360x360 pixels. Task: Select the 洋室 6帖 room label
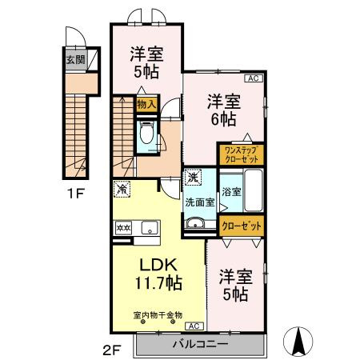(x=222, y=110)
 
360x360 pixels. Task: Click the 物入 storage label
(x=146, y=104)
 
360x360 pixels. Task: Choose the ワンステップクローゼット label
(x=241, y=154)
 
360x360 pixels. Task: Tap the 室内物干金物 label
(x=158, y=315)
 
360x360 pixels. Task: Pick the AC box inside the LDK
(x=194, y=326)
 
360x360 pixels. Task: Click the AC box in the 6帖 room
(x=253, y=78)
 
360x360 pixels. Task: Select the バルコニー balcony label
(x=200, y=345)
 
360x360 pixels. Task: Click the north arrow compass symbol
(x=300, y=342)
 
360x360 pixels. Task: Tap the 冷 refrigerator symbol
(x=123, y=190)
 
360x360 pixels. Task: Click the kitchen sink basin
(x=149, y=228)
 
